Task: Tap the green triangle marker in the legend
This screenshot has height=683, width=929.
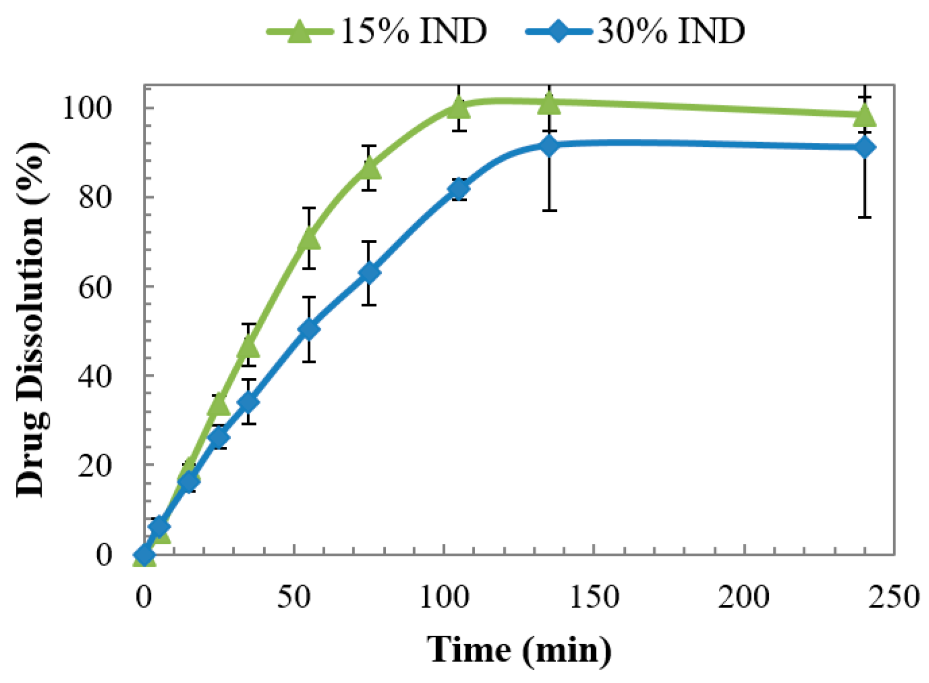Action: (x=300, y=31)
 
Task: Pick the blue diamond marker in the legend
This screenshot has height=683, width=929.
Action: (x=558, y=31)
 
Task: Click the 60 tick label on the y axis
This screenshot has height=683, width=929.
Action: (x=94, y=287)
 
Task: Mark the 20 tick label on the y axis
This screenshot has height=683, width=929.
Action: (x=94, y=465)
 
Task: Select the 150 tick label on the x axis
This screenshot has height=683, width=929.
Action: (x=594, y=596)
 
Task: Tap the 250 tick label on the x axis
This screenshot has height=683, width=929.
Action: (x=894, y=596)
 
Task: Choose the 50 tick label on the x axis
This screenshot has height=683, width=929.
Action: (x=294, y=596)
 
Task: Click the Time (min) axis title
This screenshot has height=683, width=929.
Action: (x=519, y=649)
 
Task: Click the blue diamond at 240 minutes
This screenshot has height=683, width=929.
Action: (x=865, y=148)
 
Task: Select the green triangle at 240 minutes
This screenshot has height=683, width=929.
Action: (x=865, y=115)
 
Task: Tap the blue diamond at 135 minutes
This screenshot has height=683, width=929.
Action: (x=549, y=145)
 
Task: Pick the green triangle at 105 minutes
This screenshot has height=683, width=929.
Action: (x=459, y=107)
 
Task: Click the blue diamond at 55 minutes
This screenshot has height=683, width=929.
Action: (x=309, y=329)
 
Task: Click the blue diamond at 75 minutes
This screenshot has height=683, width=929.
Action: (x=369, y=273)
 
